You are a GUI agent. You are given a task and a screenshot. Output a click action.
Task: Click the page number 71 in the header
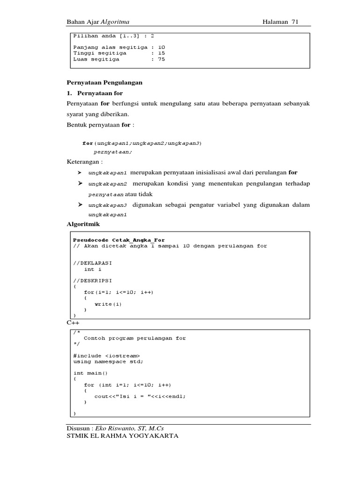pos(295,22)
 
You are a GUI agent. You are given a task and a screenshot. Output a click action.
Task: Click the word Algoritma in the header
pos(115,22)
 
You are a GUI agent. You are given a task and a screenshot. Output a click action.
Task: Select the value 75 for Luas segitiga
pos(161,60)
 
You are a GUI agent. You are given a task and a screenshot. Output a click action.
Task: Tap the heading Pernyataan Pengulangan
pos(105,82)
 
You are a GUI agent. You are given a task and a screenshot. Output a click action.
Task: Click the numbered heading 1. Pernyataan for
pos(95,93)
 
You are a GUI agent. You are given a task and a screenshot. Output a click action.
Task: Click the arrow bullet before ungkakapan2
pos(80,183)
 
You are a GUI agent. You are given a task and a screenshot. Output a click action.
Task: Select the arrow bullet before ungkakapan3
pos(80,205)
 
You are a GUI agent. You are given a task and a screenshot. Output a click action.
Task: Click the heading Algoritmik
pos(83,225)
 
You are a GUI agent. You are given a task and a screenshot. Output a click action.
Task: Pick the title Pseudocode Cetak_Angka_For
pos(119,240)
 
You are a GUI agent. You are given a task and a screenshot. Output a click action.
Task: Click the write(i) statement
pos(108,304)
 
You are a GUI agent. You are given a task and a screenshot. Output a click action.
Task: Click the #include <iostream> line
pos(106,355)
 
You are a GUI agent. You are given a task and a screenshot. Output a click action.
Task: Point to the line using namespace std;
pos(108,361)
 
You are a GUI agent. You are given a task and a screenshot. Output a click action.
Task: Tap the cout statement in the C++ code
pos(140,396)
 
